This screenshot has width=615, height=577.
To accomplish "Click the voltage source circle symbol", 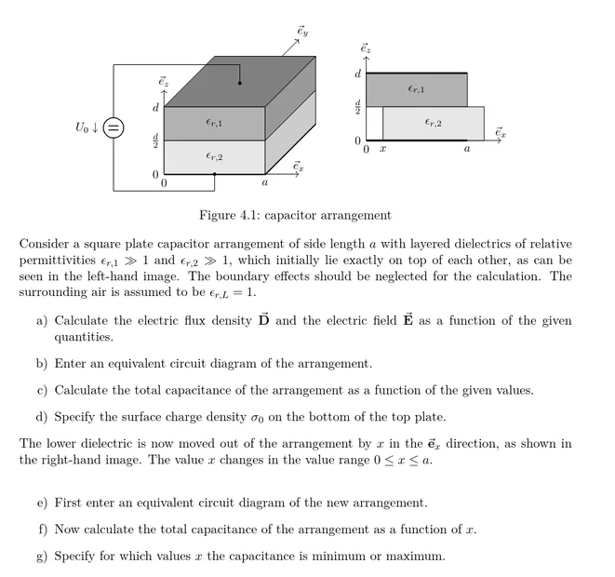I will [114, 127].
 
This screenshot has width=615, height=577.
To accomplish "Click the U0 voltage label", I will [86, 127].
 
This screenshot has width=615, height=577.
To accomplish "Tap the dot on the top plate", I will [239, 84].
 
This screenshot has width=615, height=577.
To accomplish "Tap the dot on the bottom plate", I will [214, 174].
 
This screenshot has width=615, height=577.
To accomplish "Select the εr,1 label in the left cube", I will [214, 122].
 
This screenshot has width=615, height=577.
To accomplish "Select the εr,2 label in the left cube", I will [214, 156].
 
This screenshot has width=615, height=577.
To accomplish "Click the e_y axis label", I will [302, 32].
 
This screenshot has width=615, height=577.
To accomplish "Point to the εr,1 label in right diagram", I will [416, 89].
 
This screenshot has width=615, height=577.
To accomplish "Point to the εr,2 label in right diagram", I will [433, 123].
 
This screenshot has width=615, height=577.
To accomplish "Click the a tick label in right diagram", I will [467, 149].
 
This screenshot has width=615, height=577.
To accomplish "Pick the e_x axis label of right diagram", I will [501, 132].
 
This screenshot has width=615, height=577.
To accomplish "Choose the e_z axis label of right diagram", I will [366, 47].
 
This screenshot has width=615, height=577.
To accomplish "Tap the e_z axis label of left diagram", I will [164, 82].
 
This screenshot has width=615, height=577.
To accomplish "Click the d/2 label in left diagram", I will [155, 141].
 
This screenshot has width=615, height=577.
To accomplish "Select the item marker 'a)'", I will [42, 321].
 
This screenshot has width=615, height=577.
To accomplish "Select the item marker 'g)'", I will [42, 557].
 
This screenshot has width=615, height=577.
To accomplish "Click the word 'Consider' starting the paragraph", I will [44, 245].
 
